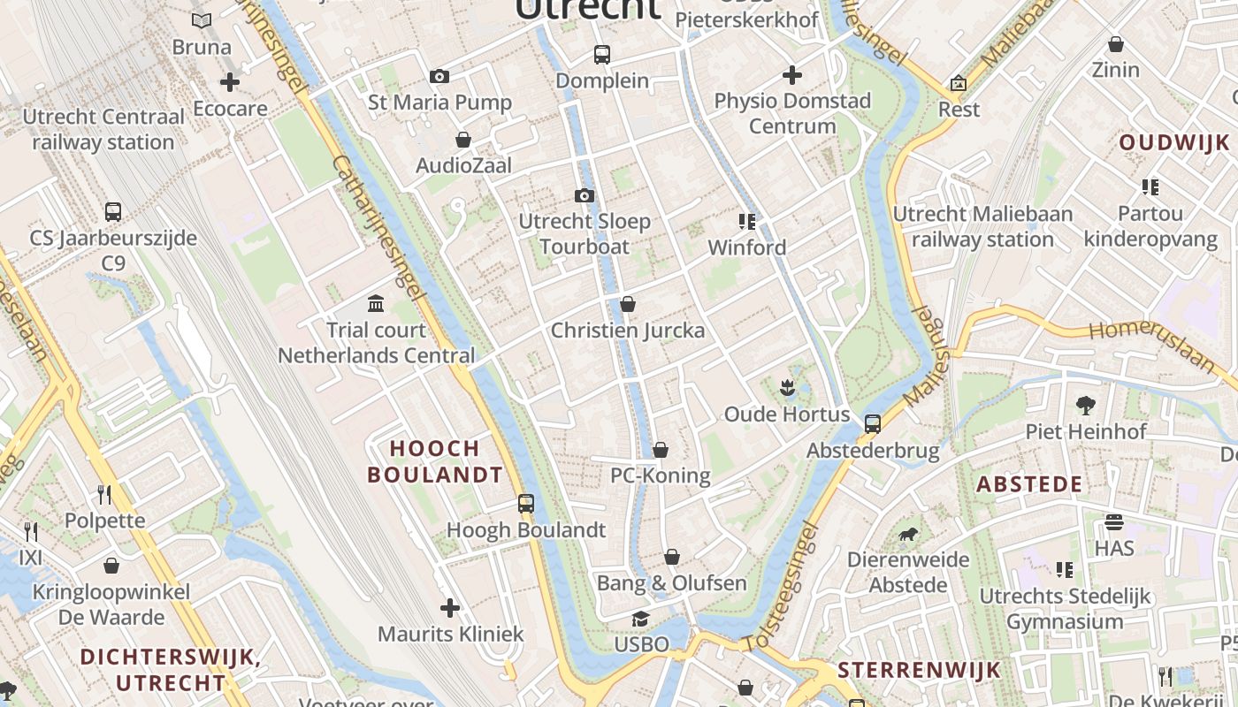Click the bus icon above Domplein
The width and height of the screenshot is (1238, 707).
coord(602,55)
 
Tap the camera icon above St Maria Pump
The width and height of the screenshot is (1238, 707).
coord(439,77)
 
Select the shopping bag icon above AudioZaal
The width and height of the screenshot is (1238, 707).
coord(462,140)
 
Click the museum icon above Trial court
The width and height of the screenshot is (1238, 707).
coord(376,304)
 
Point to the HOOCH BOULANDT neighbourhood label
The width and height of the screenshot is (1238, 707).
coord(435,461)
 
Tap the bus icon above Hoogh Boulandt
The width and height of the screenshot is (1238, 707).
coord(526,504)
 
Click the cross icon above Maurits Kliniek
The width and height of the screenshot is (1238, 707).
coord(450,608)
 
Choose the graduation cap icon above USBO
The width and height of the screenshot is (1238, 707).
coord(640,619)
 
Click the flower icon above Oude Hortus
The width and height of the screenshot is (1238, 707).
coord(786,387)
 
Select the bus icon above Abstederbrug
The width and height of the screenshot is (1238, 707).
coord(873,424)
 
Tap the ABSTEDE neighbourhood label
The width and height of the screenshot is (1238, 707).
coord(1029,484)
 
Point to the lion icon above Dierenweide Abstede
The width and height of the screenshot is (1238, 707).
coord(908,534)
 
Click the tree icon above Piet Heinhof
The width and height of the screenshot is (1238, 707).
coord(1086,406)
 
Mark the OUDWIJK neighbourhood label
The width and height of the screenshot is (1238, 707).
coord(1174,142)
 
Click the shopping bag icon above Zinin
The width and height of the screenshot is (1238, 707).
coord(1116,43)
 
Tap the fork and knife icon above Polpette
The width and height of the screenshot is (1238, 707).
coord(104,493)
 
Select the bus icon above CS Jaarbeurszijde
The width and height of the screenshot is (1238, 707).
coord(113,212)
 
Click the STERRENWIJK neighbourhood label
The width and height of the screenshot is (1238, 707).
coord(919,669)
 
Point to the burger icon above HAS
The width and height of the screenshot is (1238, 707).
coord(1113,522)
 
